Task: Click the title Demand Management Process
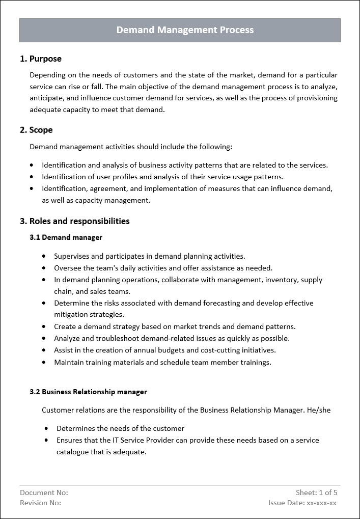(x=185, y=30)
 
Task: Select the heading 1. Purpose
(x=41, y=59)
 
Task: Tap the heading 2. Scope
(x=36, y=130)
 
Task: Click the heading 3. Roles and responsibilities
(x=75, y=221)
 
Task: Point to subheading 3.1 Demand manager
(x=66, y=237)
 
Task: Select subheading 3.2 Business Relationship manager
(x=88, y=392)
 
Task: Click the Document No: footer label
(x=44, y=493)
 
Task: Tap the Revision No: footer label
(x=40, y=503)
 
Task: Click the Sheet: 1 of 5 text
(x=316, y=493)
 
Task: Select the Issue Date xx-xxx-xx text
(x=302, y=503)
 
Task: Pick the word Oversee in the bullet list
(x=67, y=268)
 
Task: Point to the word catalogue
(x=72, y=452)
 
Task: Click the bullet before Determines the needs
(x=47, y=428)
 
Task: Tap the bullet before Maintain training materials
(x=44, y=362)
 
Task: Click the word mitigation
(x=73, y=315)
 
